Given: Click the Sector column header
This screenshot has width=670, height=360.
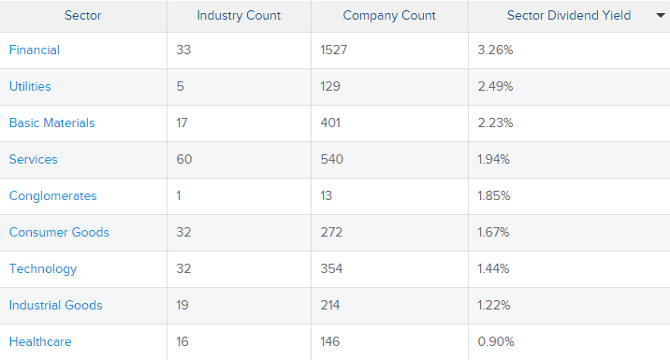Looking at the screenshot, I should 83,15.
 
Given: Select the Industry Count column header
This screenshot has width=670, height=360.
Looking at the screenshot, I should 239,15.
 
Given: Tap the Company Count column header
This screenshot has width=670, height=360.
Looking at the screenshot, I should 389,15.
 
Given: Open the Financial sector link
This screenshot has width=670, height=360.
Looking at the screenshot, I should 34,50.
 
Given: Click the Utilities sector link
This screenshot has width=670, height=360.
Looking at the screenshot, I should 30,86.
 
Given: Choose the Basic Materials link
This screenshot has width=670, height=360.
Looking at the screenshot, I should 51,122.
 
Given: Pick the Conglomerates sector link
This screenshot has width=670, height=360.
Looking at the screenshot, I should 52,195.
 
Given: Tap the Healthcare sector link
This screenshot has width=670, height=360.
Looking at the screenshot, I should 40,341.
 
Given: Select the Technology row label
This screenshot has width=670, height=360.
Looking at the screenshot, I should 43,268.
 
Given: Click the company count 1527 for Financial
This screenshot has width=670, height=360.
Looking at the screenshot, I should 334,50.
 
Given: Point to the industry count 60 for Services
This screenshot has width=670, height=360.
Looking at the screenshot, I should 183,159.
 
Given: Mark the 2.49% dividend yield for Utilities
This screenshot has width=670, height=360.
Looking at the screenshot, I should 495,86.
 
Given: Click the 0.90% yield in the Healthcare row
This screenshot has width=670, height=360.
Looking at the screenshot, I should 495,341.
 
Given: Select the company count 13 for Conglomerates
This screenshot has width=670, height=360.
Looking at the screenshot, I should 326,195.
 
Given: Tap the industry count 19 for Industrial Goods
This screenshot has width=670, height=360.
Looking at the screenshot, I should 182,305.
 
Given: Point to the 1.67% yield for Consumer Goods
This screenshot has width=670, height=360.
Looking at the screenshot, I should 494,232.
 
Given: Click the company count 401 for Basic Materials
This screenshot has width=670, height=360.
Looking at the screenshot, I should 329,122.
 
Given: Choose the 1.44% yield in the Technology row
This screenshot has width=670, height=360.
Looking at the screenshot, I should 494,268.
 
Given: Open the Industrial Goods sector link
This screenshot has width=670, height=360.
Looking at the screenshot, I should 55,305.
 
